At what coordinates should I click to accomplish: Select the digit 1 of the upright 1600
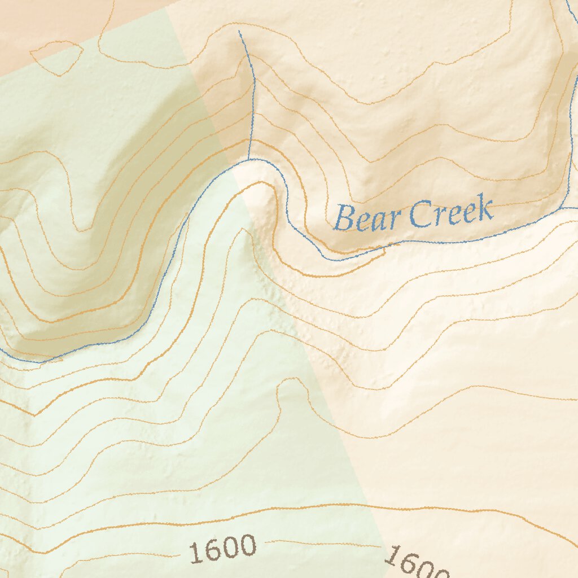click(195, 553)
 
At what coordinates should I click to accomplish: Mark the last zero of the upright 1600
click(246, 545)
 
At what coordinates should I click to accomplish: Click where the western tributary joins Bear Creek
click(248, 160)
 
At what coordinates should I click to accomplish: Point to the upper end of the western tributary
click(239, 32)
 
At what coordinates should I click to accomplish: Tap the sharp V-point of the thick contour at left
click(35, 415)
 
